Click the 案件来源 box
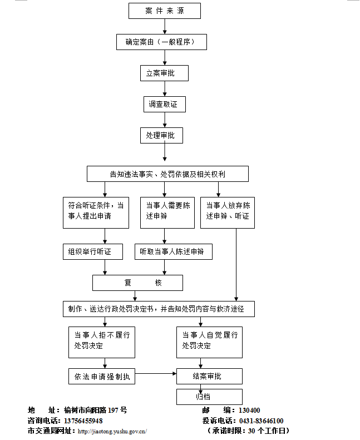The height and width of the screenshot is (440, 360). tap(164, 11)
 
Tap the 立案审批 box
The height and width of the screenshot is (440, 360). tap(164, 73)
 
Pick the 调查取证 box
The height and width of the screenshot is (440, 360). tap(164, 104)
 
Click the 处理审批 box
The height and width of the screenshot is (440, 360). tap(161, 135)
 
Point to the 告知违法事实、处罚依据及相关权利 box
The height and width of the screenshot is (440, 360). tap(167, 174)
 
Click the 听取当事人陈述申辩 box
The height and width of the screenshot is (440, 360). tap(174, 252)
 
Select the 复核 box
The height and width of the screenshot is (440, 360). tap(137, 283)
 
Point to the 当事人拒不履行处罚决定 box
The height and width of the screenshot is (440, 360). tap(102, 342)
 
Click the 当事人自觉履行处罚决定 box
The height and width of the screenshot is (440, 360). tap(209, 342)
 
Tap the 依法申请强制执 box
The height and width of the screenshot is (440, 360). tap(102, 377)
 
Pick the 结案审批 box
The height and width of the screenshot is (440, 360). tap(209, 377)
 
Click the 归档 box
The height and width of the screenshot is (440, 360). tap(209, 397)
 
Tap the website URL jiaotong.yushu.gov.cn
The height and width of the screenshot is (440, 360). tap(112, 431)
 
